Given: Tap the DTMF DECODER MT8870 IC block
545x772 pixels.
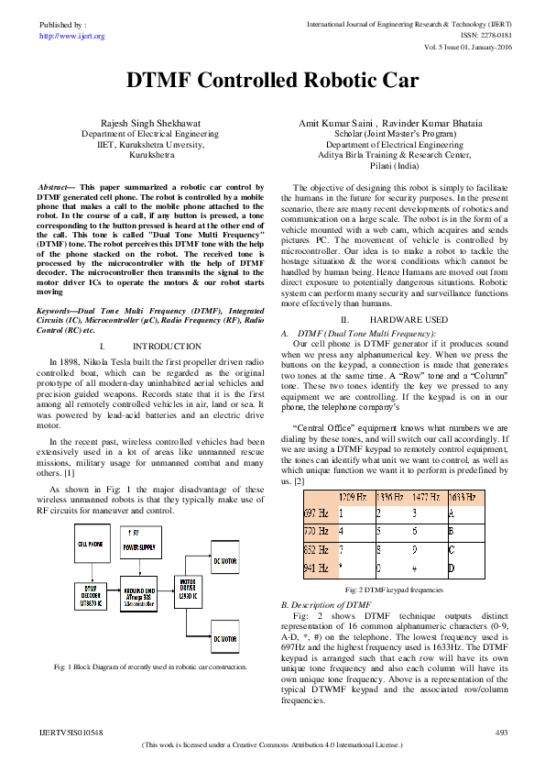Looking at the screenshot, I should point(88,595).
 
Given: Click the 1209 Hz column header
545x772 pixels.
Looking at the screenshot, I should point(354,497).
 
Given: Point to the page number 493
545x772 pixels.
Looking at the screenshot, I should point(501,733).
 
